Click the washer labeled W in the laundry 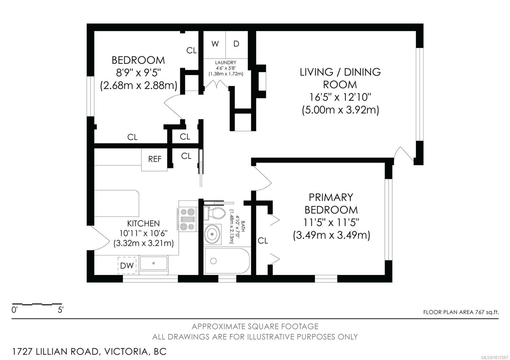click(x=215, y=45)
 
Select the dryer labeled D click(x=237, y=45)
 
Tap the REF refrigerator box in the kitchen click(x=154, y=159)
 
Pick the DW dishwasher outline click(x=127, y=265)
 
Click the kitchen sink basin click(x=153, y=263)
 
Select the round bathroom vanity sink click(x=212, y=234)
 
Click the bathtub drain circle click(x=213, y=261)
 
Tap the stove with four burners click(x=188, y=220)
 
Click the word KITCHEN click(x=143, y=223)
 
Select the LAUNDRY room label click(x=226, y=62)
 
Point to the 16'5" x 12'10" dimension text click(x=340, y=97)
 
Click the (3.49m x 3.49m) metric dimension click(x=331, y=235)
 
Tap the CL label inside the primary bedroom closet click(x=263, y=241)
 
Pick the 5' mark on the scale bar click(x=61, y=310)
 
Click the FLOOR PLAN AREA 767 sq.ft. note click(x=461, y=312)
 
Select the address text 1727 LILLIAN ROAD click(x=56, y=352)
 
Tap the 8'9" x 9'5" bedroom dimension click(x=138, y=73)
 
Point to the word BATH click(x=243, y=226)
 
